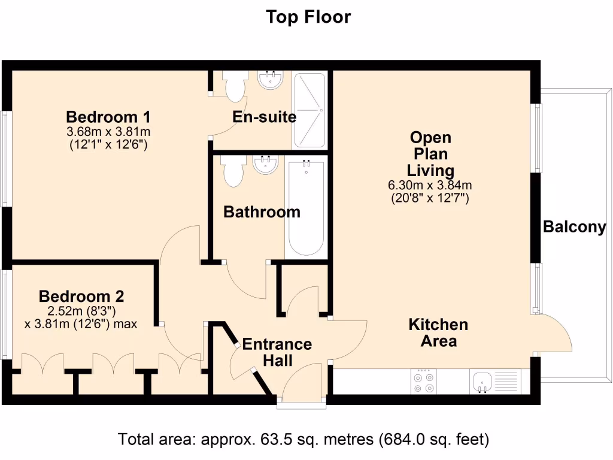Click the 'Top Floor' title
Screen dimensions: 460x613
(x=308, y=17)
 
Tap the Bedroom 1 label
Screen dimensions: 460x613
(x=108, y=116)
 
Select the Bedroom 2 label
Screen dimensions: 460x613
(x=81, y=296)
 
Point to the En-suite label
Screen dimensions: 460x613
(x=264, y=117)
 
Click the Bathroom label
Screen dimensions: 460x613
(x=262, y=212)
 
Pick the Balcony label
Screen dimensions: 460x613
(x=574, y=228)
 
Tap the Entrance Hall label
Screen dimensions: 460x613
(x=277, y=352)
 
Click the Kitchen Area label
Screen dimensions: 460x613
(x=438, y=333)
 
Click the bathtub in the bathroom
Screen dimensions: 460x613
(x=306, y=207)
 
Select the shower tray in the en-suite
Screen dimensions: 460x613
(x=309, y=110)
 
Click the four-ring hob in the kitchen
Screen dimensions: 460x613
(x=423, y=382)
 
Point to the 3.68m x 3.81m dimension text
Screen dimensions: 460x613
(x=108, y=132)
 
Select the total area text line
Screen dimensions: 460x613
(x=304, y=440)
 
